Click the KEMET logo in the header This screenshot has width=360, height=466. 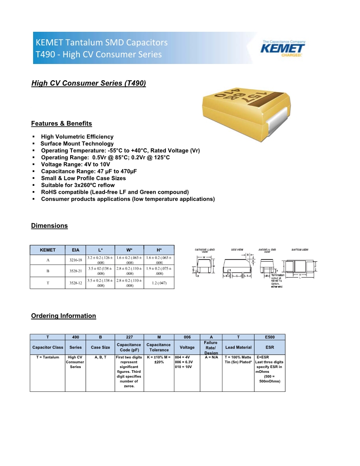click(x=283, y=48)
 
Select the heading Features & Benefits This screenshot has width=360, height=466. click(x=61, y=124)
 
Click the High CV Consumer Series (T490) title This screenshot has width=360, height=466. click(x=88, y=83)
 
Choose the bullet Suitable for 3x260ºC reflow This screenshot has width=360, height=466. click(x=78, y=185)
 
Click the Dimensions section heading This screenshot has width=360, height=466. click(x=49, y=226)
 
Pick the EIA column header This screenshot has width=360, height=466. click(x=75, y=250)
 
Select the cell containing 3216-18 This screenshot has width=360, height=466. click(x=76, y=260)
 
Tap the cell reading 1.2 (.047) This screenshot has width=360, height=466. click(x=159, y=283)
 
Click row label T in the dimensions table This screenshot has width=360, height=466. click(x=48, y=283)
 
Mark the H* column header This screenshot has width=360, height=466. click(x=159, y=250)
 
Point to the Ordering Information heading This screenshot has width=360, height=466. click(x=64, y=316)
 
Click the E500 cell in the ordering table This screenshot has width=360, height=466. click(x=270, y=337)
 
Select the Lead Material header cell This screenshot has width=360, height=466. click(x=238, y=347)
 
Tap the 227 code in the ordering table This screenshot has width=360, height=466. click(x=129, y=337)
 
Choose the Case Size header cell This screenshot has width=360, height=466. click(x=100, y=347)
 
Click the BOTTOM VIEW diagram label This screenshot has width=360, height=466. click(x=300, y=250)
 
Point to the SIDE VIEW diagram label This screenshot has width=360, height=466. click(x=237, y=250)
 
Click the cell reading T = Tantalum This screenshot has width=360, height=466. click(x=48, y=357)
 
